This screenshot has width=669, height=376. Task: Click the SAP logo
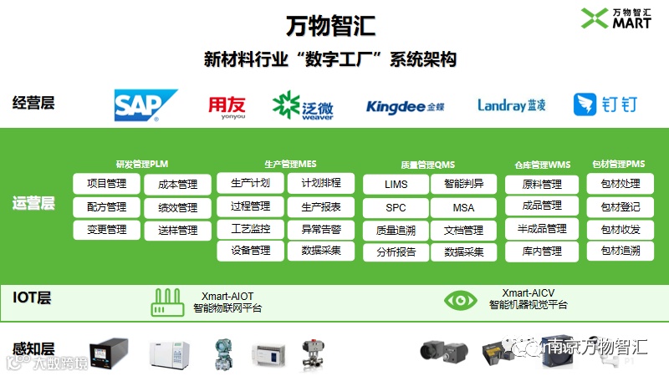click(x=146, y=105)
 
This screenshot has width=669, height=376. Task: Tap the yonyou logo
click(x=227, y=105)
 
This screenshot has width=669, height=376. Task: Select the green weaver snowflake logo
click(x=286, y=105)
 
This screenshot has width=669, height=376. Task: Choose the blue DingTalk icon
click(x=585, y=104)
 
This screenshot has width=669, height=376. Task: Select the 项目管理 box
click(x=106, y=184)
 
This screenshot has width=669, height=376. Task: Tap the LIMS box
click(x=396, y=184)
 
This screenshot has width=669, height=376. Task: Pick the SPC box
click(x=396, y=207)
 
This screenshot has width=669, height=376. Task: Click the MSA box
click(x=463, y=207)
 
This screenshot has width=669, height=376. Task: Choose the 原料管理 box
click(x=541, y=184)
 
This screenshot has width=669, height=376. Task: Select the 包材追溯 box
click(x=620, y=251)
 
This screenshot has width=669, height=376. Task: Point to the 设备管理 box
click(x=250, y=251)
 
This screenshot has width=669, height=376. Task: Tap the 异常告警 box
click(x=321, y=228)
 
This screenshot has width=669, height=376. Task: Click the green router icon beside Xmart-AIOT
click(x=168, y=302)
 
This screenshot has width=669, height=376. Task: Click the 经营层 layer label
click(x=33, y=104)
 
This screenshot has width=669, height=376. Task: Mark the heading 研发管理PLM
click(x=141, y=165)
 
